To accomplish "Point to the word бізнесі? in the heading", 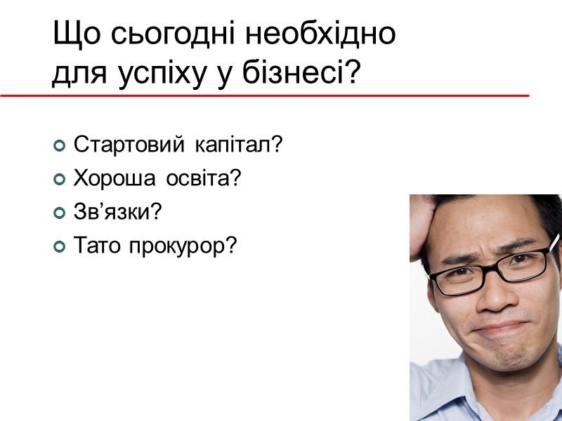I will tap(310, 73).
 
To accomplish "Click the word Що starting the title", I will tap(71, 35).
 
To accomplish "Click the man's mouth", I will tap(500, 330).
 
